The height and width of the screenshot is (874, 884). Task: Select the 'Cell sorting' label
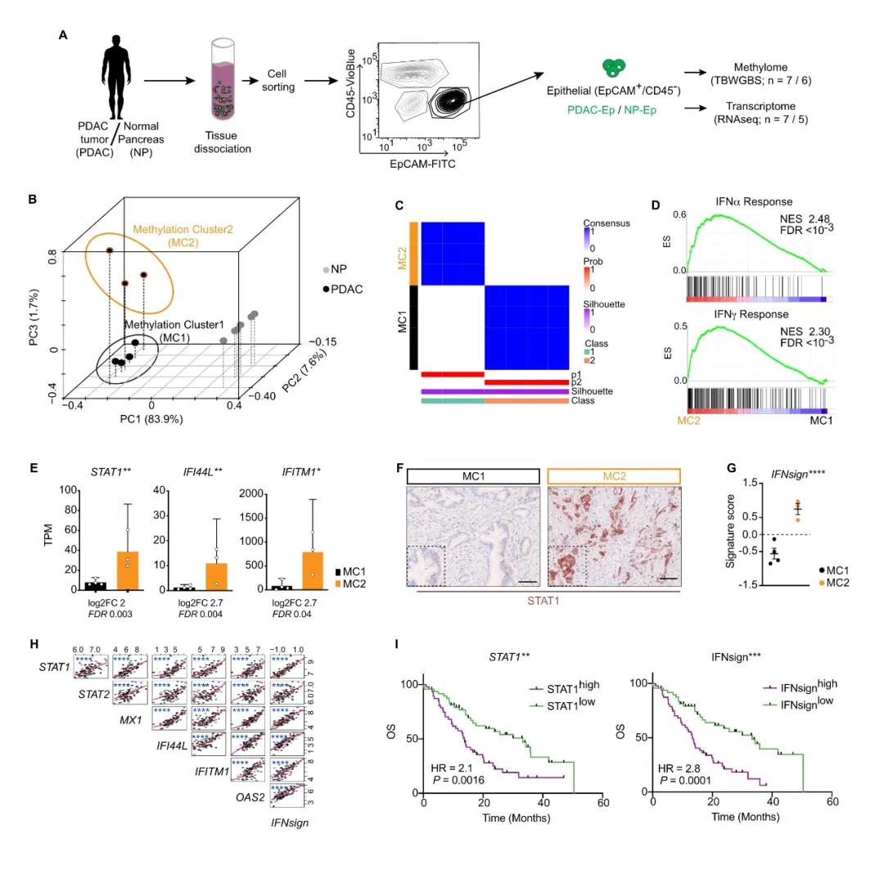279,80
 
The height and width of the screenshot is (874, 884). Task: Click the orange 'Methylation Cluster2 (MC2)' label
183,237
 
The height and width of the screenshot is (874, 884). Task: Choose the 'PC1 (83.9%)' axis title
151,419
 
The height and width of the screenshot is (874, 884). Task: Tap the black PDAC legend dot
327,289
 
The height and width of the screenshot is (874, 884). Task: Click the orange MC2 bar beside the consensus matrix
413,252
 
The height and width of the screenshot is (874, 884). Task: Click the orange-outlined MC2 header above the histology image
613,475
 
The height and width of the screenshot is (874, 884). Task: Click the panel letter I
397,645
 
